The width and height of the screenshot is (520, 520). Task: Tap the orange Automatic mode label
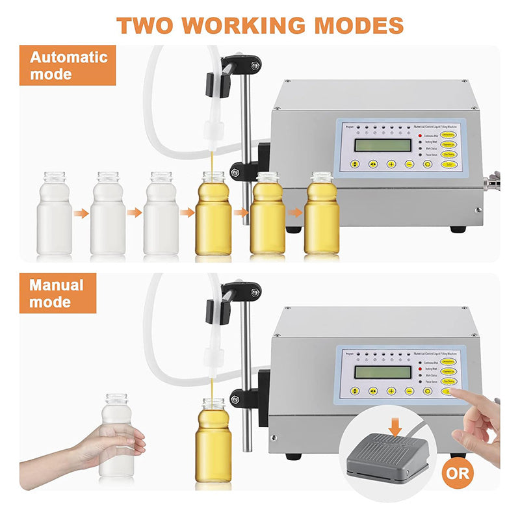68,65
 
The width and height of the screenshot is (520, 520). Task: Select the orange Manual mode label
57,293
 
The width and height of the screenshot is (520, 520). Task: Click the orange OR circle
458,473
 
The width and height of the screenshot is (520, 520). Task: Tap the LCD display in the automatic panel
382,145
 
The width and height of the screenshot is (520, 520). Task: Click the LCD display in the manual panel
382,372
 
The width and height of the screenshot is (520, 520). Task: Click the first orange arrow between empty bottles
81,213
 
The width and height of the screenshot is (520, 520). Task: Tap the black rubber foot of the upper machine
458,229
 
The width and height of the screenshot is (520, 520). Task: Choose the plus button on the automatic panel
391,164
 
